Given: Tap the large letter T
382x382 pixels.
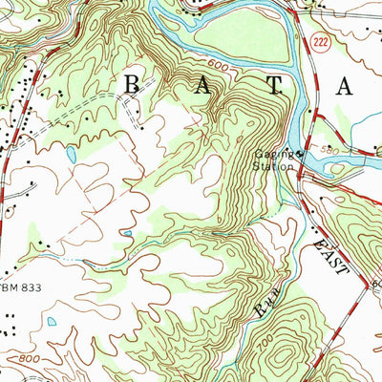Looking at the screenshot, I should [x=274, y=85].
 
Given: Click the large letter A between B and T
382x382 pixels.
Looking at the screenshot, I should [x=203, y=85].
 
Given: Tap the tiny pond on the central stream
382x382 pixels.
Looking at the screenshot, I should [x=127, y=231].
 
